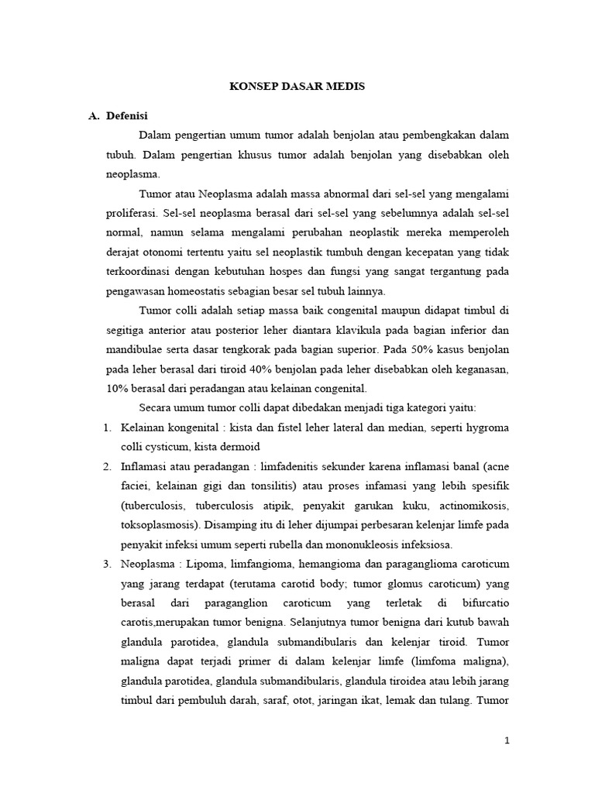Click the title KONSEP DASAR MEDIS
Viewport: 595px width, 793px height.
point(297,87)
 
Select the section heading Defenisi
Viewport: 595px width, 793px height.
point(126,115)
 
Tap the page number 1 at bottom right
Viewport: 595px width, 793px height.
point(507,741)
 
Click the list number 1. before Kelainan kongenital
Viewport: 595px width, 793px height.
point(108,427)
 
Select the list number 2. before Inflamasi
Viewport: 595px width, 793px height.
point(108,466)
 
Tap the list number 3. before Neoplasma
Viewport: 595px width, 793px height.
point(108,563)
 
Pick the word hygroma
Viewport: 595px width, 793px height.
point(489,427)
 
